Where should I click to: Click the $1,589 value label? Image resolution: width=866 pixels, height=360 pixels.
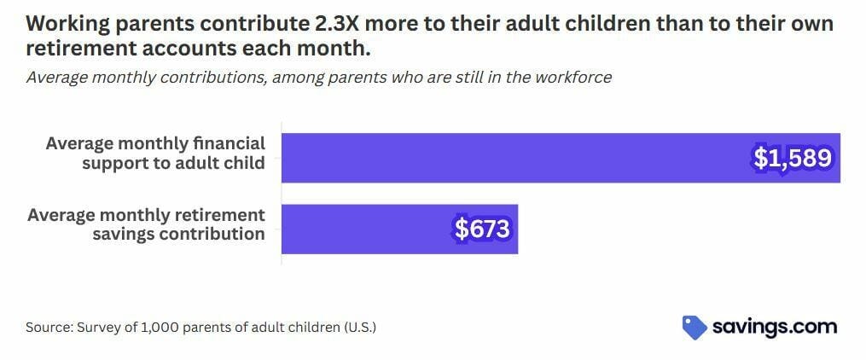pyautogui.click(x=793, y=159)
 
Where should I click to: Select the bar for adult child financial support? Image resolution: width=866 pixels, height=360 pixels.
pyautogui.click(x=561, y=158)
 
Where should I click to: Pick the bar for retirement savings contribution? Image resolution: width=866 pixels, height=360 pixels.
pyautogui.click(x=400, y=229)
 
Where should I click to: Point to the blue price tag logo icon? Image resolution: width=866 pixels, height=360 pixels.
pyautogui.click(x=695, y=328)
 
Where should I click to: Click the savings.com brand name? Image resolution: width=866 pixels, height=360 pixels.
pyautogui.click(x=775, y=328)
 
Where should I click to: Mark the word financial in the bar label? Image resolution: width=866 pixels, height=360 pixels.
pyautogui.click(x=229, y=143)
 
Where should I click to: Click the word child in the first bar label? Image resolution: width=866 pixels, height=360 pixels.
pyautogui.click(x=245, y=164)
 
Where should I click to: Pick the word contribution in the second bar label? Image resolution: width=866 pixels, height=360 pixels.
pyautogui.click(x=212, y=234)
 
